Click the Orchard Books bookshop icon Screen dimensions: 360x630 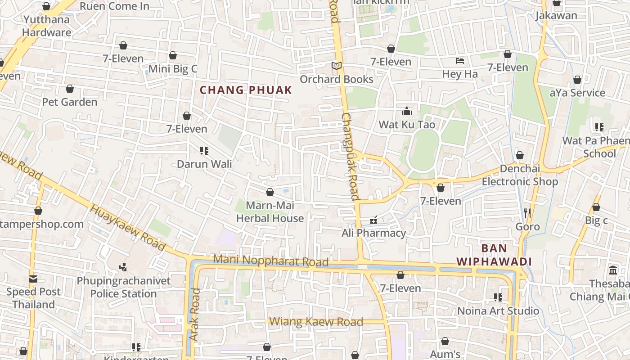point(337,66)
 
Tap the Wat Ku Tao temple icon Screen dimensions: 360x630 point(407,111)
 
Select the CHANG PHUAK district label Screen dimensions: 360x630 point(246,90)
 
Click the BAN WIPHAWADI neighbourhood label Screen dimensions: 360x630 point(494,255)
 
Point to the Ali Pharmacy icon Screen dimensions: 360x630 point(373,220)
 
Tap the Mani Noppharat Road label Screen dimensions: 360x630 point(270,261)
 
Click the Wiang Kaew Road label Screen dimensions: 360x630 point(316,322)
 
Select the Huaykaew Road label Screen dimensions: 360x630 point(127,227)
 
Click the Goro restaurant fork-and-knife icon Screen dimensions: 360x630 point(527,213)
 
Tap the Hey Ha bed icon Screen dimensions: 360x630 point(459,61)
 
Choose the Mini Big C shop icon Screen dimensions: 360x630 point(173,55)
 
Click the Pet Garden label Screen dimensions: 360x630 point(70,102)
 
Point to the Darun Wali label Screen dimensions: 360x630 point(204,164)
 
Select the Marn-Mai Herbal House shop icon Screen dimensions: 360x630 point(270,193)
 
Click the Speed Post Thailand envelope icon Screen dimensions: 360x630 point(33,279)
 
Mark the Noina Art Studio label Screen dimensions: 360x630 point(498,311)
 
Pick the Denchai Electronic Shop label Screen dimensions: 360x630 point(520,175)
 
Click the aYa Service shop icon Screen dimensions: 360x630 point(577,80)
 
